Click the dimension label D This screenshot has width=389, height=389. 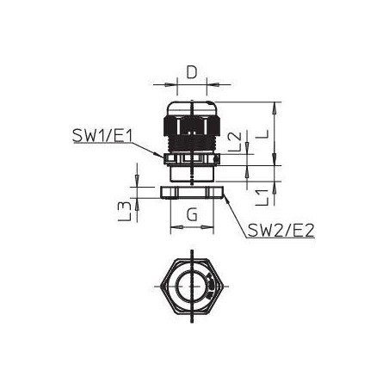coord(192,72)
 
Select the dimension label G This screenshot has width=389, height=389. coord(192,215)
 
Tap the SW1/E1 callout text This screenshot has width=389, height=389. coord(102,136)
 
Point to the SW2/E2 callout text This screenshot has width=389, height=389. coord(281,231)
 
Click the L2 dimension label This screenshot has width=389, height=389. coord(236,141)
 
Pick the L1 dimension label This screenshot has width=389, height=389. coord(262,197)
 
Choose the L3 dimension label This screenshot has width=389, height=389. coord(125,211)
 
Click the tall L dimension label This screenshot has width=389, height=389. coord(262,133)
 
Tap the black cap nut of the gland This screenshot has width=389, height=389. coord(192,126)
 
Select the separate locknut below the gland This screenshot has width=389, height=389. coord(192,192)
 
